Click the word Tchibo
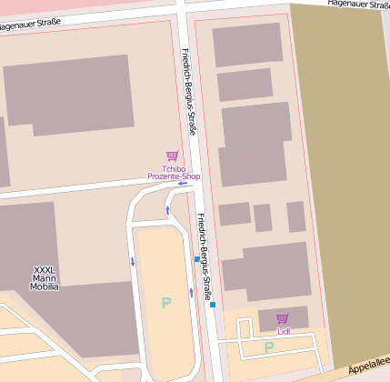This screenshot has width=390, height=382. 173,168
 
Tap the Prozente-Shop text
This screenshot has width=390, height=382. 173,176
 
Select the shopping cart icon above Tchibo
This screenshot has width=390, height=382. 173,156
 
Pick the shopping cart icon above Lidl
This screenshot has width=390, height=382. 282,319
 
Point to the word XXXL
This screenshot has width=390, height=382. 45,270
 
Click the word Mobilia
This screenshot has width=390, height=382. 45,286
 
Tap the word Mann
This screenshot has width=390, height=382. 45,278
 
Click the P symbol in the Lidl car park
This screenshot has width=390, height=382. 268,347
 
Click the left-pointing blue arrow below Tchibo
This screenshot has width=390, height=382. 183,184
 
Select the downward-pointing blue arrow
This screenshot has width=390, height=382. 133,262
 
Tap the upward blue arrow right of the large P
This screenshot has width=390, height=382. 191,292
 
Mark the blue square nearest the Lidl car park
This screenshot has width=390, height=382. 213,305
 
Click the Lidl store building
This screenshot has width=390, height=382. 283,318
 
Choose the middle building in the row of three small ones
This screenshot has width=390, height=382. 263,217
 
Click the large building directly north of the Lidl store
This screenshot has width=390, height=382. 268,271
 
